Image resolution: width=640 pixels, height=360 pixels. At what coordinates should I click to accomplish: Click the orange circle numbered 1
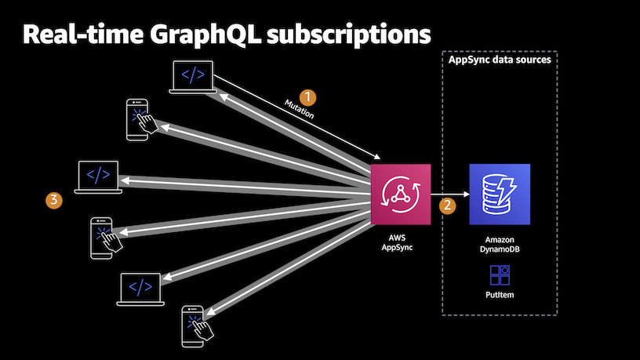(309, 96)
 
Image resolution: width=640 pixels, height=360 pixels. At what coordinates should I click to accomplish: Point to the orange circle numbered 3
(53, 201)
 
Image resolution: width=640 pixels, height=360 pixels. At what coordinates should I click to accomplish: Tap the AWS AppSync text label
(401, 241)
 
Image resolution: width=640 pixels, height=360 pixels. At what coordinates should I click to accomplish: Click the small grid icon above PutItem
(500, 275)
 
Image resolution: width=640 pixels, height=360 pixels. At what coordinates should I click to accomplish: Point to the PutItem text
(500, 296)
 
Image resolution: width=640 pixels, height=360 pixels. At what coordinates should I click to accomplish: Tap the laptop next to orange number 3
(98, 177)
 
